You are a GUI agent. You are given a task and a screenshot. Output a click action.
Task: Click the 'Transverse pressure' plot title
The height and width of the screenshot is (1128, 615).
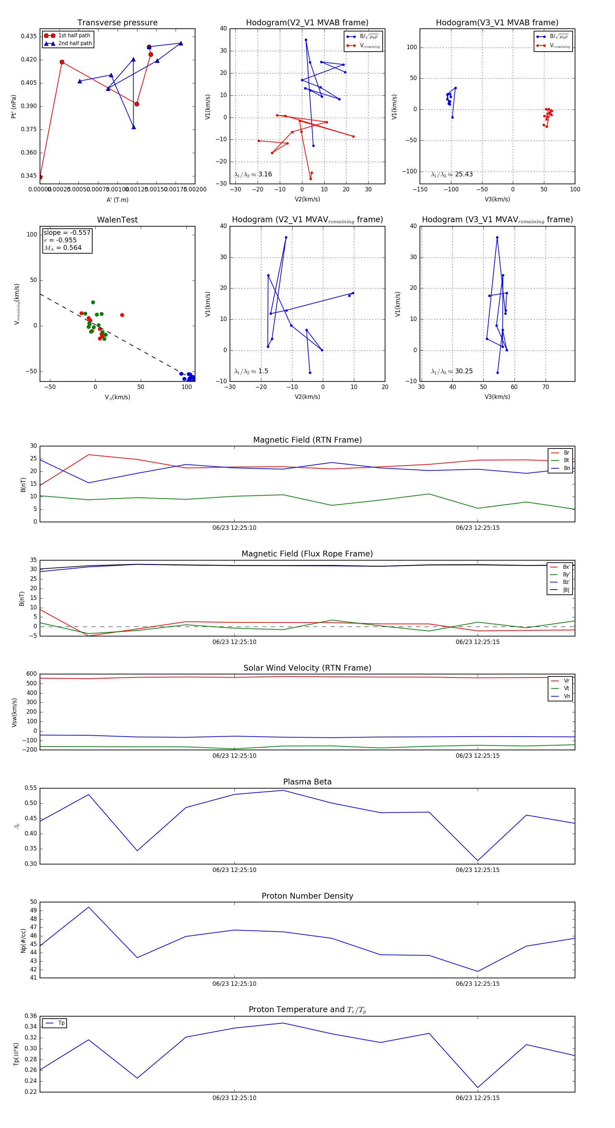[117, 23]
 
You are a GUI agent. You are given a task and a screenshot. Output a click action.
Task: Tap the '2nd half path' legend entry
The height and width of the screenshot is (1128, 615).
[75, 43]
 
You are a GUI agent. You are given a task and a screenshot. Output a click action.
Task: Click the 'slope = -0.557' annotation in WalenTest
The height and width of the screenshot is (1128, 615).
[67, 232]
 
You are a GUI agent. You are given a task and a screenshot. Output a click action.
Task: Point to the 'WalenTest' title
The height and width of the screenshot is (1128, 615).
[117, 220]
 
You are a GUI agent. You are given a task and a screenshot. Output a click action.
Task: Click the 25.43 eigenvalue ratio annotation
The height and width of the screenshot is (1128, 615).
[452, 174]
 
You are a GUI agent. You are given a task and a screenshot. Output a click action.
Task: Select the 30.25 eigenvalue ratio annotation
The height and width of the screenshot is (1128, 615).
[452, 371]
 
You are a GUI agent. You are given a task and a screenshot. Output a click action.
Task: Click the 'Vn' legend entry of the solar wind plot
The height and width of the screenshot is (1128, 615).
[566, 696]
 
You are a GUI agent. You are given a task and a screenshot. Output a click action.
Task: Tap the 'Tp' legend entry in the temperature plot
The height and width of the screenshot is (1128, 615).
[61, 1023]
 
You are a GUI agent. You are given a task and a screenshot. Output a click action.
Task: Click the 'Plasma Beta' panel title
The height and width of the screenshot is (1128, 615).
[307, 782]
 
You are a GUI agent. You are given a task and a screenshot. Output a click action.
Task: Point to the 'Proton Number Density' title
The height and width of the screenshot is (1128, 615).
[307, 896]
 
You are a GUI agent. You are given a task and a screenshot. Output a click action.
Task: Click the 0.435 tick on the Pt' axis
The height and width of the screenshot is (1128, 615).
[28, 36]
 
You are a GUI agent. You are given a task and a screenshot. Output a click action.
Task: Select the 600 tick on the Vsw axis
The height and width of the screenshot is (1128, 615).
[31, 674]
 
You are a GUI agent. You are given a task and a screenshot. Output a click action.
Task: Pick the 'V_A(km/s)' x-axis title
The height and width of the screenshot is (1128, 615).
[117, 397]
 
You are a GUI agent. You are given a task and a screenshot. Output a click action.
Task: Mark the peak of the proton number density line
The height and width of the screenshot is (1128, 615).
[88, 907]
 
